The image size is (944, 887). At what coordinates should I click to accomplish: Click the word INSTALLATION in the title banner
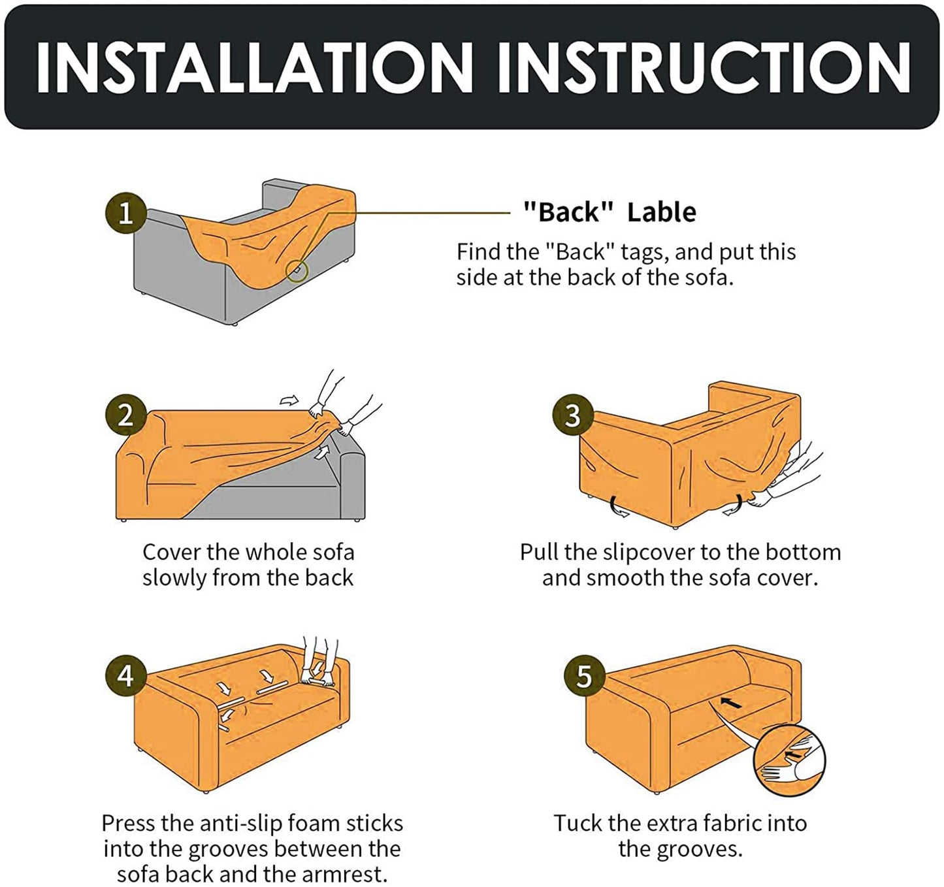coord(254,67)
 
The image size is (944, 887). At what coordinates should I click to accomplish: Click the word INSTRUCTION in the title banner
coord(704,67)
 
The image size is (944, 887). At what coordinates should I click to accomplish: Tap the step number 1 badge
coord(126,213)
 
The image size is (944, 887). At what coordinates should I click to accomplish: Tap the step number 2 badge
coord(126,415)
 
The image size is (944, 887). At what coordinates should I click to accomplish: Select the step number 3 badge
coord(573,415)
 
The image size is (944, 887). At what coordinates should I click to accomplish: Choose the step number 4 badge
coord(126,675)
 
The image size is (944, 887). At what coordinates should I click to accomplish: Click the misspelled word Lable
coord(662,212)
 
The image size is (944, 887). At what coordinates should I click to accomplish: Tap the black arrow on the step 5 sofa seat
coord(731,702)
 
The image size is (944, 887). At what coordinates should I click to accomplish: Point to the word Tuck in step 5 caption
coord(574,823)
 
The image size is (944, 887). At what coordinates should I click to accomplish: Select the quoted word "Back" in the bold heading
coord(568,212)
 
